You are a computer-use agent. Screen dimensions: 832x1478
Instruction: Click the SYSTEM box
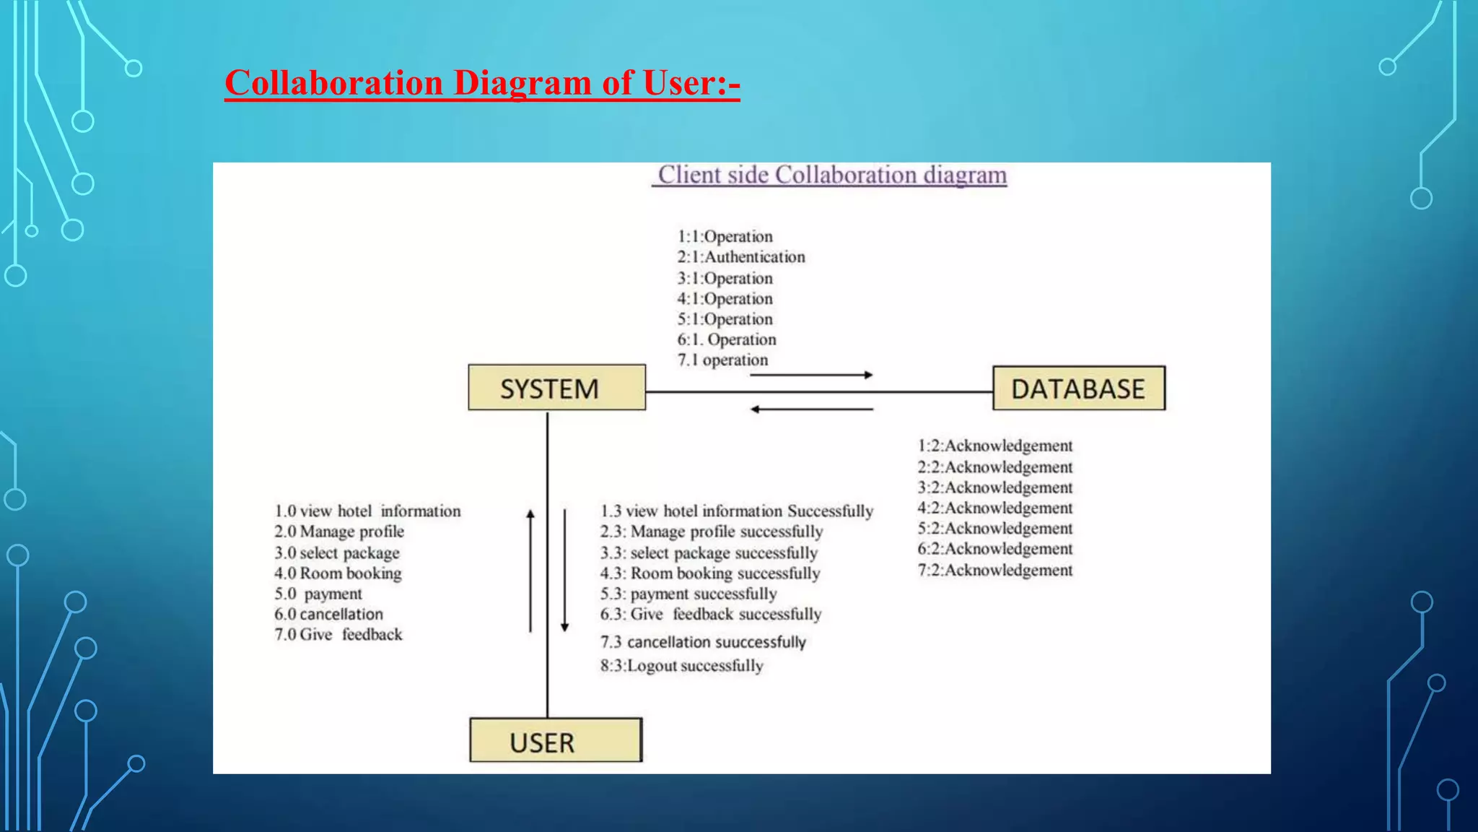556,388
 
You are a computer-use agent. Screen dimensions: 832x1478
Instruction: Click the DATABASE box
1078,389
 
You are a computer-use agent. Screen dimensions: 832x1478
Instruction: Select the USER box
555,740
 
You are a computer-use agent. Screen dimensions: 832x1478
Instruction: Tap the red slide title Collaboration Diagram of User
482,82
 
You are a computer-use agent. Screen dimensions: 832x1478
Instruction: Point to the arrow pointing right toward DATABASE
811,375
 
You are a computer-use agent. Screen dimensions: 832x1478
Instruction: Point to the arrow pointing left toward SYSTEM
811,409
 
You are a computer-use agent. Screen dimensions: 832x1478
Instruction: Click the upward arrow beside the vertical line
530,570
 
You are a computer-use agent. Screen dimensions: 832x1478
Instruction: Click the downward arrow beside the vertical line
564,570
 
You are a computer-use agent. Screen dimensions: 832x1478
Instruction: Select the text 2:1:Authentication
740,257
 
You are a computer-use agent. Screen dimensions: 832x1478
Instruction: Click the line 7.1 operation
722,360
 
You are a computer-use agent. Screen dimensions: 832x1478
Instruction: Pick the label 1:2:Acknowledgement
994,446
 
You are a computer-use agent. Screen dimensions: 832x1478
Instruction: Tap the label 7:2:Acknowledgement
994,571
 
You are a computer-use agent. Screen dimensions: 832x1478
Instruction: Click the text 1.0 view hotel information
367,511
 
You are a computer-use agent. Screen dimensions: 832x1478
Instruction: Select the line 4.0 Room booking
338,573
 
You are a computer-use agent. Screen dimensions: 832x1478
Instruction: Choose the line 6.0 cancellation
328,615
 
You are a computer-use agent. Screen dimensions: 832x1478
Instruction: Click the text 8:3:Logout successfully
681,666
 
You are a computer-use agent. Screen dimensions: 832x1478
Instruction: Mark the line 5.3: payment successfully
688,594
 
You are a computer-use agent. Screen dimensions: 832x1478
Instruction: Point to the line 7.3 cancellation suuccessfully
703,642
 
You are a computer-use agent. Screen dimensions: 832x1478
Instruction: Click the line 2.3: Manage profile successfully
711,532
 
